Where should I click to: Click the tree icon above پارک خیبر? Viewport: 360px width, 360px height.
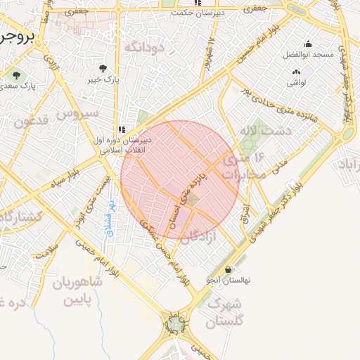pos(103,68)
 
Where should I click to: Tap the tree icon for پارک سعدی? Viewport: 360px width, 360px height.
pos(13,74)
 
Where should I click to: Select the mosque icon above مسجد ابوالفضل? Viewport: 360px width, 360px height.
pos(307,44)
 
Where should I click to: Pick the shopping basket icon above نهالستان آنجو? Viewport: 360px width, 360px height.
pos(229,269)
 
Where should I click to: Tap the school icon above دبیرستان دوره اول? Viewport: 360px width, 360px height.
pos(122,129)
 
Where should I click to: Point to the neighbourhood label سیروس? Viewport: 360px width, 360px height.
pos(78,112)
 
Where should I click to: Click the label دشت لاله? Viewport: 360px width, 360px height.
pos(259,131)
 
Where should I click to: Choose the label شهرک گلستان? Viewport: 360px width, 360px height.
pos(225,314)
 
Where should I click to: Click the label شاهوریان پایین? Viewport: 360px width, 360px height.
pos(77,291)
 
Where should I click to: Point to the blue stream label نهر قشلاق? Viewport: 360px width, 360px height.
pos(110,211)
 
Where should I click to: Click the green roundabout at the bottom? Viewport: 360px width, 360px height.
pos(174,324)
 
